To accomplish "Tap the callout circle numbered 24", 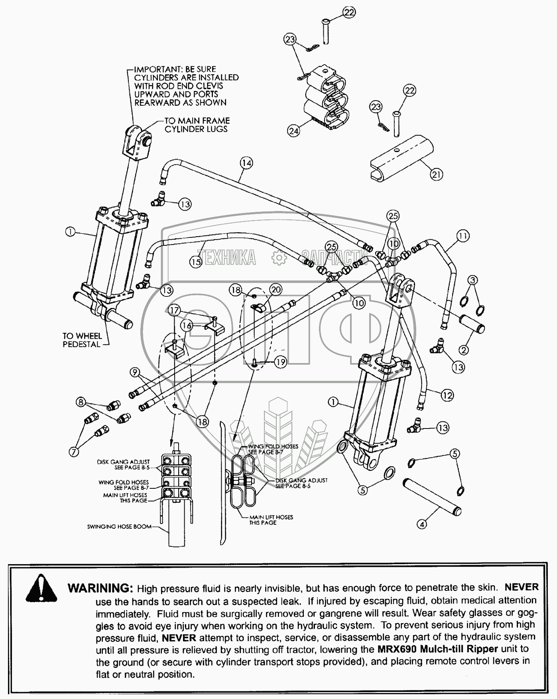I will point(293,130).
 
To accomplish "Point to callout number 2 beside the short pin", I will point(464,350).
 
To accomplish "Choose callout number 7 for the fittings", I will point(74,451).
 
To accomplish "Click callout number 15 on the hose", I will point(196,262).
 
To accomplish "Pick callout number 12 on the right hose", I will point(447,395).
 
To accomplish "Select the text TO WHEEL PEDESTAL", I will point(82,340).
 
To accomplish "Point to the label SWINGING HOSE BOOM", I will point(119,527).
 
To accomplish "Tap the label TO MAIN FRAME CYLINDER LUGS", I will point(197,124).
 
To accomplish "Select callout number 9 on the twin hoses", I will point(135,373).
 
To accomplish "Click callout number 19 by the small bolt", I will point(281,362).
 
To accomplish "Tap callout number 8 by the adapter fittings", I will point(81,402).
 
